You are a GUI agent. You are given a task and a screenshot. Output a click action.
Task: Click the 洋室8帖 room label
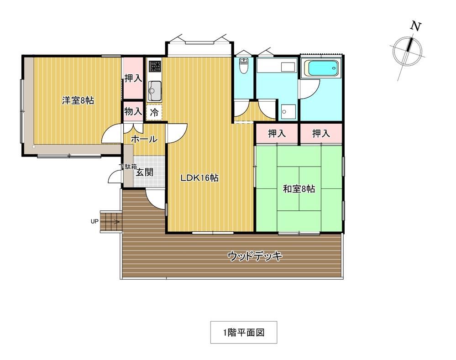78,101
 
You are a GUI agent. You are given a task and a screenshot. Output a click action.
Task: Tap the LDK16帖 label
199,177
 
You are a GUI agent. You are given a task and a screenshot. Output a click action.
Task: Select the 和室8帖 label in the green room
299,189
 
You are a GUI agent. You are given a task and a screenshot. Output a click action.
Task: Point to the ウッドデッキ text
255,256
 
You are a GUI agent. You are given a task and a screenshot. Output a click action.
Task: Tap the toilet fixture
243,66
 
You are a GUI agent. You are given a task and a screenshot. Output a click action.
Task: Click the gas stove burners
154,66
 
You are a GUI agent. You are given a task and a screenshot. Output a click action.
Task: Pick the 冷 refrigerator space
154,112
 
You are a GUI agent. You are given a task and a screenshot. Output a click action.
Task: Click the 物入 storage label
133,111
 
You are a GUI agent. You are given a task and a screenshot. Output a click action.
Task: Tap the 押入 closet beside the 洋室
133,78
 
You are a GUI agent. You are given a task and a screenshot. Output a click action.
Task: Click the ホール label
144,139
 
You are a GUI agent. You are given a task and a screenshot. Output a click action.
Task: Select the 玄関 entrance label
145,172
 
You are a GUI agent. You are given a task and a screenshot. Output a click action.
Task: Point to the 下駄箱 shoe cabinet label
128,167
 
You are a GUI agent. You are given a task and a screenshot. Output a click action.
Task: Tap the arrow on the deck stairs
110,222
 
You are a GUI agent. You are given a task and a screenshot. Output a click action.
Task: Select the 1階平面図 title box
244,332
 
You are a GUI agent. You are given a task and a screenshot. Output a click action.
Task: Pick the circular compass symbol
407,51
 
